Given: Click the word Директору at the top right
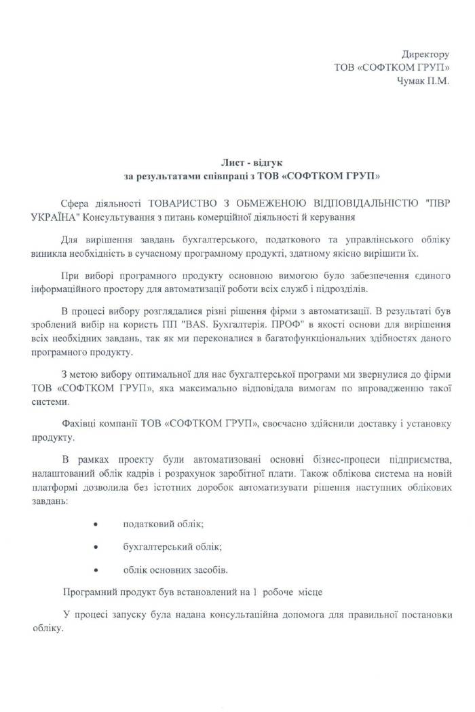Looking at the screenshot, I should click(x=425, y=54).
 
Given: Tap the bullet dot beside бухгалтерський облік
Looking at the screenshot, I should click(x=95, y=547).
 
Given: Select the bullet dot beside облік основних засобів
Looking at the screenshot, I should click(x=95, y=569).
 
